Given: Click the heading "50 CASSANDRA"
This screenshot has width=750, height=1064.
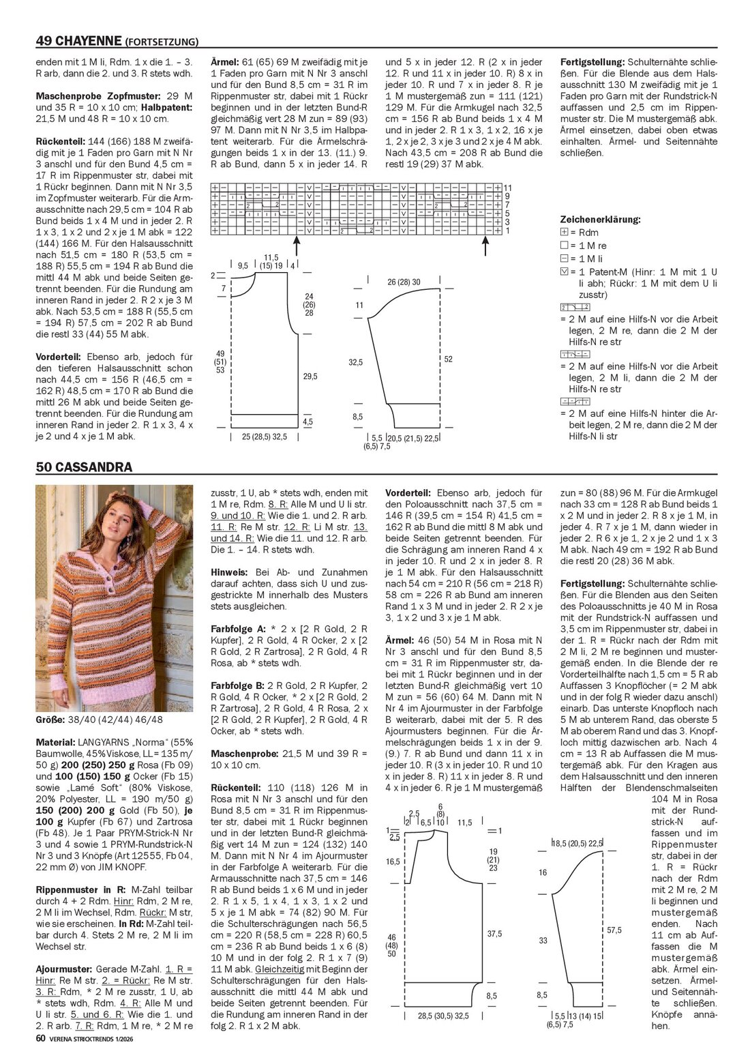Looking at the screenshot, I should (84, 467).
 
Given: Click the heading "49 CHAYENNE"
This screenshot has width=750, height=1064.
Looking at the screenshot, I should (78, 42).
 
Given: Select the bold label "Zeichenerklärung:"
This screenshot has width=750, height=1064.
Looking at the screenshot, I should (600, 220).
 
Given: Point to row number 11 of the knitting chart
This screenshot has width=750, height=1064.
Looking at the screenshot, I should (507, 188).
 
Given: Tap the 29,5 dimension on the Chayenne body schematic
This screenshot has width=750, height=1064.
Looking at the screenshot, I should (310, 376).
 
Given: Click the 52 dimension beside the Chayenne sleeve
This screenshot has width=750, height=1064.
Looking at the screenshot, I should (448, 359).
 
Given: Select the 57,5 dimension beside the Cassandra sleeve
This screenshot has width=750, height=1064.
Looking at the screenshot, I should (614, 930).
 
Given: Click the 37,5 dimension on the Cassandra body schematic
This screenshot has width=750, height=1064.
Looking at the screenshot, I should (494, 934).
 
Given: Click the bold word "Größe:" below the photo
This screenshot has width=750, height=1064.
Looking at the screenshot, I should (51, 720).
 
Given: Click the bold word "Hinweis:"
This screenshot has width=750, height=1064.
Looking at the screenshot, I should (230, 572).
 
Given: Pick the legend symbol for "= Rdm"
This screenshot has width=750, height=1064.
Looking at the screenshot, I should (564, 233).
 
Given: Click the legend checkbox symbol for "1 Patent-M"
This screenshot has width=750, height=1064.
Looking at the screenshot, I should (564, 271).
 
